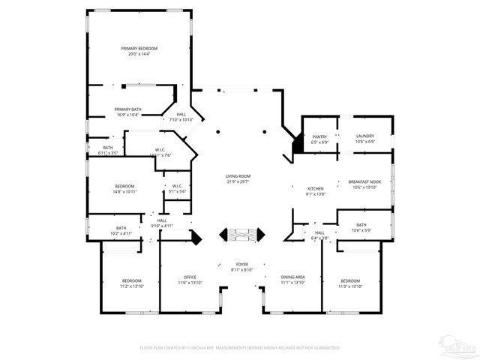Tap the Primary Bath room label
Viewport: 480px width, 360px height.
(127, 109)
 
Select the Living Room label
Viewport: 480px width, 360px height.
(237, 175)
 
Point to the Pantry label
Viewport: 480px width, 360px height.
(320, 136)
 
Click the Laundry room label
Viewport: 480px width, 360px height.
(364, 136)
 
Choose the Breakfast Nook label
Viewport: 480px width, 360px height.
(364, 181)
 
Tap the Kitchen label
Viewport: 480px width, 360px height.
(315, 188)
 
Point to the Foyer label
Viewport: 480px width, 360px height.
(242, 264)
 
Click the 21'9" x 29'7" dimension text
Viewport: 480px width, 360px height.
(237, 181)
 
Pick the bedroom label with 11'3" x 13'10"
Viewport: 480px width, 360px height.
(350, 280)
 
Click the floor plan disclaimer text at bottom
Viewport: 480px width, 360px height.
(240, 348)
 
